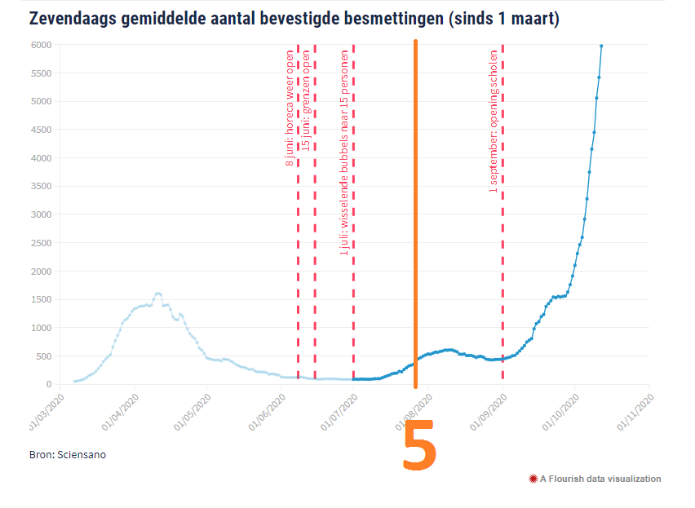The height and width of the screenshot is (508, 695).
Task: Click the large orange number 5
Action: [x=419, y=448]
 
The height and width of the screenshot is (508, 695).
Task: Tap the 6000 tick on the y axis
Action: [x=42, y=46]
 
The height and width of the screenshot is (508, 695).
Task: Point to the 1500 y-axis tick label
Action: [x=42, y=299]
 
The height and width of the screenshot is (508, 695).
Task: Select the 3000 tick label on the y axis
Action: [x=42, y=215]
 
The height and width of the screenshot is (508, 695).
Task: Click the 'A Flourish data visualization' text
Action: [x=600, y=479]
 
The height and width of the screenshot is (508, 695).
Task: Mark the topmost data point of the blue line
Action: [x=601, y=46]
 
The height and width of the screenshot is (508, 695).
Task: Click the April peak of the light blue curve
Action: [x=157, y=294]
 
